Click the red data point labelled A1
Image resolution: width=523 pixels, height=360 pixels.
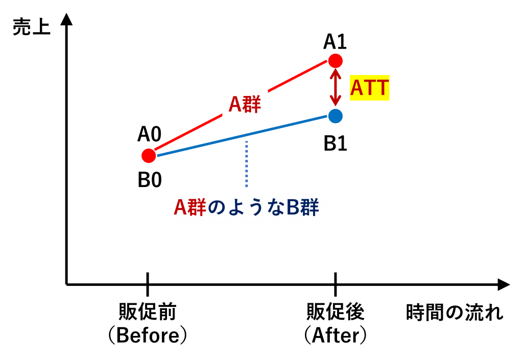tap(335, 61)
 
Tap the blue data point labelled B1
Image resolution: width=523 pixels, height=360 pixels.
tap(335, 116)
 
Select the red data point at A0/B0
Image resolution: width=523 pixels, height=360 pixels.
tap(149, 156)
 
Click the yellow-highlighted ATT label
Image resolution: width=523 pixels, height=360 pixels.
tap(370, 88)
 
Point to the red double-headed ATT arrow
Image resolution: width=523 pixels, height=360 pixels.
tap(335, 87)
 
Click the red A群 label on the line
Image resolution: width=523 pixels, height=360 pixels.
tap(245, 104)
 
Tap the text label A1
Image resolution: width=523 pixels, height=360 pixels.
tap(335, 42)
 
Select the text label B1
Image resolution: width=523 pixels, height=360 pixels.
tap(335, 144)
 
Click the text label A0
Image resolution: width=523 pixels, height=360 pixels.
tap(150, 134)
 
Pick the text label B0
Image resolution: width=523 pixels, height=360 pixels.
tap(150, 180)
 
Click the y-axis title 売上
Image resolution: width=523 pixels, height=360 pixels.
tap(31, 27)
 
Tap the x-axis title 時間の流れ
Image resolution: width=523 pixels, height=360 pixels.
tap(454, 313)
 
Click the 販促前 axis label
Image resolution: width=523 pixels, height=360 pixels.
tap(148, 311)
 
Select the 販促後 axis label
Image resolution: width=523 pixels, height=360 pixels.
tap(335, 311)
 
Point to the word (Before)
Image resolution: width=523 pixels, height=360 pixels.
tap(148, 335)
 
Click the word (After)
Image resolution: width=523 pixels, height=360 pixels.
tap(335, 335)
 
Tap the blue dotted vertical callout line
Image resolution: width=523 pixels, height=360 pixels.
tap(247, 164)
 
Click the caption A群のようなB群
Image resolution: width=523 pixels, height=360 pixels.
tap(246, 207)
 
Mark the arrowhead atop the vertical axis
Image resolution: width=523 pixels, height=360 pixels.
tap(67, 19)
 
